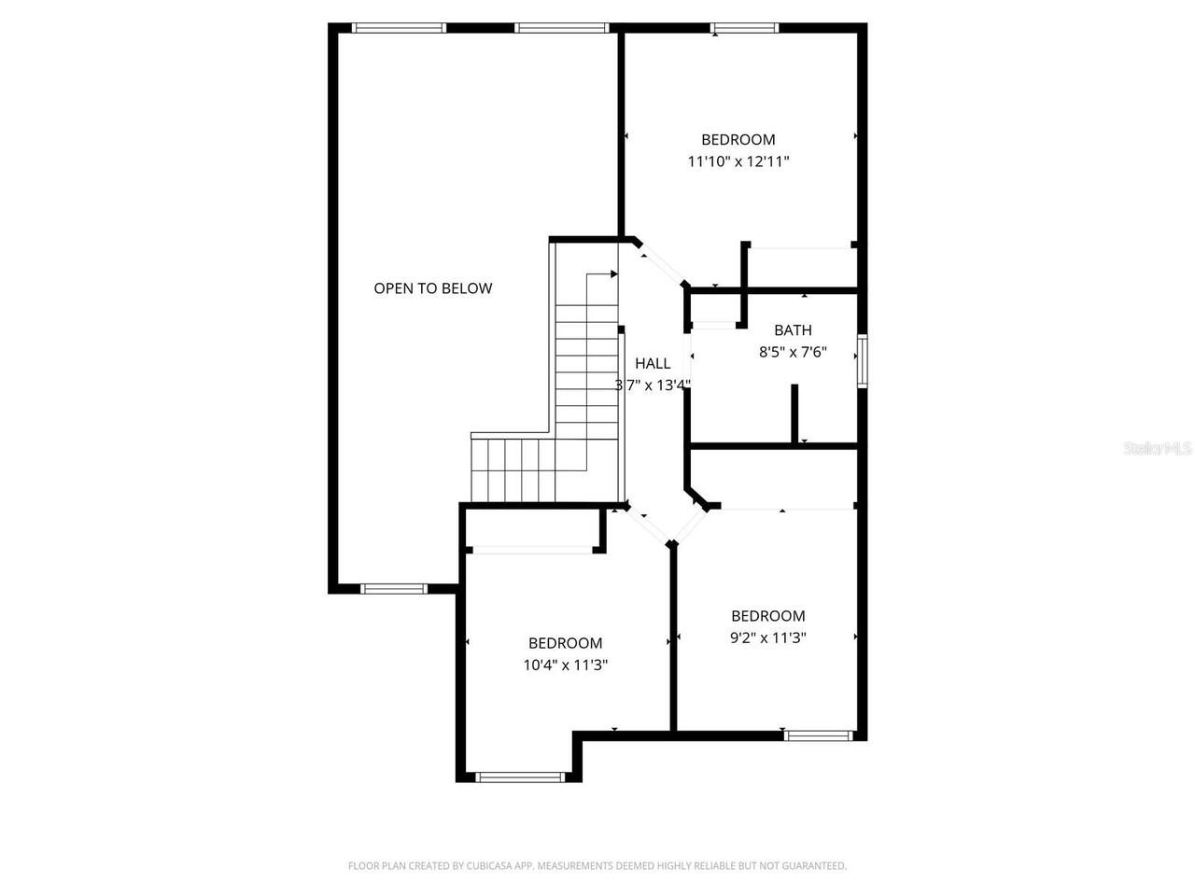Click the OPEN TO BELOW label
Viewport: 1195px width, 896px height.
pos(432,288)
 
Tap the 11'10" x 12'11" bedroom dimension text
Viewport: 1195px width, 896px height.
pos(738,161)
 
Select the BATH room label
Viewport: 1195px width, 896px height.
pos(793,330)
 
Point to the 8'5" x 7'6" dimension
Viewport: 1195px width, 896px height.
pos(793,353)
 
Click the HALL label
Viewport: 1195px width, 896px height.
pos(653,364)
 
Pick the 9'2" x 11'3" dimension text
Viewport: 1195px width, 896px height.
pos(767,638)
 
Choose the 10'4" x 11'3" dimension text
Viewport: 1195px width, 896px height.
pos(565,665)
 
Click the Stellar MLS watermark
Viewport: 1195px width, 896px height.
pos(1158,449)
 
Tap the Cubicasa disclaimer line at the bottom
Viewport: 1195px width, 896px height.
pos(597,866)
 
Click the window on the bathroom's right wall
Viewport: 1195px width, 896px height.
pos(862,360)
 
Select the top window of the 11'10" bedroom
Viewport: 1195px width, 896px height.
pos(745,28)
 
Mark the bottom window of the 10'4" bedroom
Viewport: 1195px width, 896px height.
pos(520,777)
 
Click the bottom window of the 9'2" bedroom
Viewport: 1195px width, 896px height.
pos(819,735)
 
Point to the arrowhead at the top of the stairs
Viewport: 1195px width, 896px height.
pos(613,274)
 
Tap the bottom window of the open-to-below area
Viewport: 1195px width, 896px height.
pos(393,589)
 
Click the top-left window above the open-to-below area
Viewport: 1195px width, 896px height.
pos(399,28)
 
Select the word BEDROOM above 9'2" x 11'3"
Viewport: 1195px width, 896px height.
pos(767,616)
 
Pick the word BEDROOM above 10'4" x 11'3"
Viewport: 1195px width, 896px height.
pos(565,643)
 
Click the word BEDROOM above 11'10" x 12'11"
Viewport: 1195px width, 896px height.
pos(738,140)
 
